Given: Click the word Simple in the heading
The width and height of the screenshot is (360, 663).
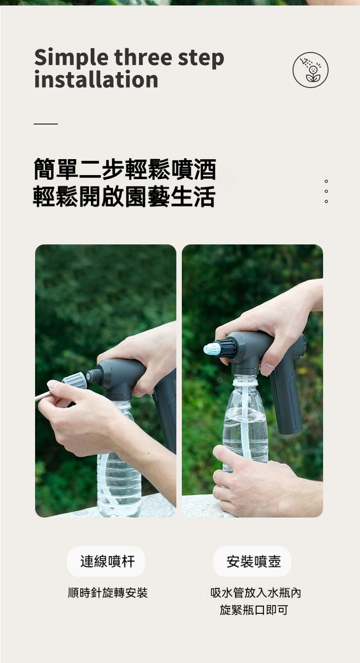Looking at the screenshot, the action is [x=71, y=58].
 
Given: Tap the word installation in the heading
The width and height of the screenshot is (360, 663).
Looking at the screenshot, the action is [x=96, y=80].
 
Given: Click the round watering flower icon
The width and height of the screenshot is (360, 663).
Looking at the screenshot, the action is [x=310, y=70].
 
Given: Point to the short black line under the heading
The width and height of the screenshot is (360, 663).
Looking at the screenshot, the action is [x=46, y=124].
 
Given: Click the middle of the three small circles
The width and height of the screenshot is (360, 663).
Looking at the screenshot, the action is [x=326, y=191].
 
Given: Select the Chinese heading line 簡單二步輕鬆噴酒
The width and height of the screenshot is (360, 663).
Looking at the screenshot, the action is [x=125, y=169].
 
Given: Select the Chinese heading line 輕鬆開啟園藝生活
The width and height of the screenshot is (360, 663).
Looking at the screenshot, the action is [x=123, y=196].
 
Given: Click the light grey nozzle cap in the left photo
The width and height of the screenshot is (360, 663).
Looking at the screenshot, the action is [x=75, y=381].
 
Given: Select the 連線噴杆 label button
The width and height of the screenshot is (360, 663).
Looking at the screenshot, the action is [x=106, y=561].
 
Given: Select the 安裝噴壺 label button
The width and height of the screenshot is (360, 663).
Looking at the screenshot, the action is [x=252, y=561].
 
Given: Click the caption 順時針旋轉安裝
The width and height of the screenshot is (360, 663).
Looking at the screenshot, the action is [x=108, y=593].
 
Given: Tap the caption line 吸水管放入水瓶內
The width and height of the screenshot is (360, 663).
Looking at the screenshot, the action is [x=256, y=593].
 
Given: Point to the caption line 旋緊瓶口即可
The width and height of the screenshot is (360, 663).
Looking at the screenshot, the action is [x=254, y=610].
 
